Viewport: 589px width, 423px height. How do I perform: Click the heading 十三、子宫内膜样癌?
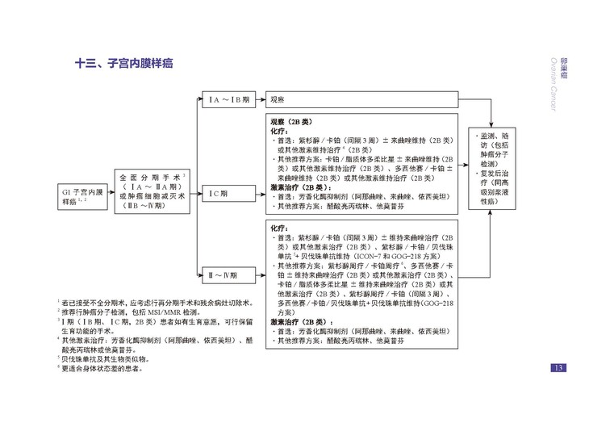[x=124, y=63]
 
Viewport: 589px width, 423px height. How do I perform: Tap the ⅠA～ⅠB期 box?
[x=229, y=99]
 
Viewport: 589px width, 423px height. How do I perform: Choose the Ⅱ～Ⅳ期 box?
[x=229, y=274]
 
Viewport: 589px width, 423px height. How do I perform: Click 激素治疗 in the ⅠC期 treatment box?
[x=288, y=186]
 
